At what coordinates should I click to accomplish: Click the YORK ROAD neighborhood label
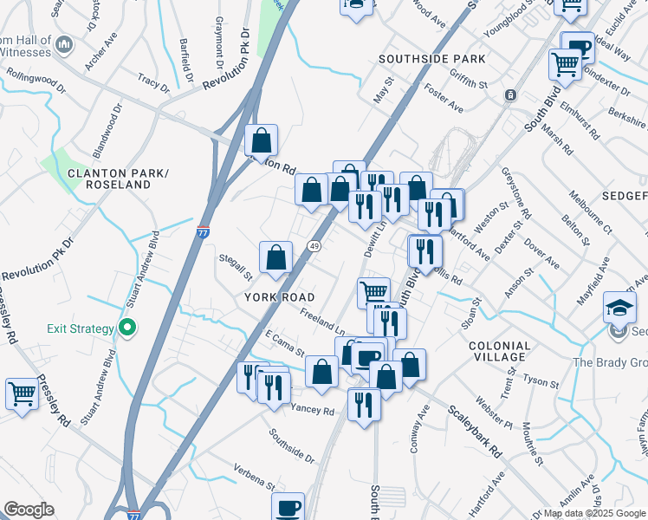280,296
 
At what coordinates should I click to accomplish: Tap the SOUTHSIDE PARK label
431,59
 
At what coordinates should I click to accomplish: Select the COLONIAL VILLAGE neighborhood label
499,351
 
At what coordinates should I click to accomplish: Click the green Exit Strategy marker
127,328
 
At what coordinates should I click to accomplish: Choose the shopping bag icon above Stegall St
275,257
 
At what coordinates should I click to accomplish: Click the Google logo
29,510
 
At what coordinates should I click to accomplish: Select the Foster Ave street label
443,96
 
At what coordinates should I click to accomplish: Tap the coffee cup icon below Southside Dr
288,507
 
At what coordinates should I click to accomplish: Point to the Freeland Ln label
322,323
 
